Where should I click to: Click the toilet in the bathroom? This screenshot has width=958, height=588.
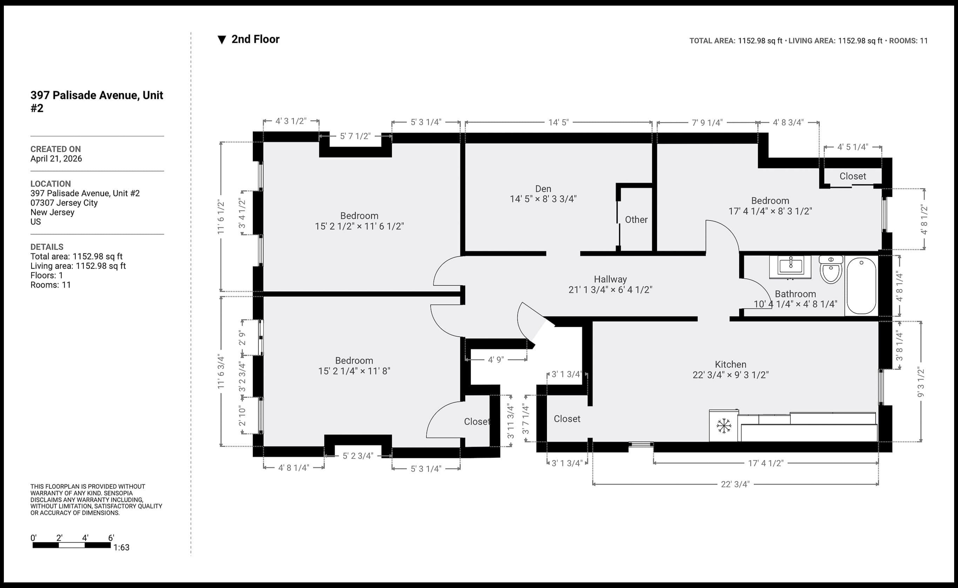(x=831, y=271)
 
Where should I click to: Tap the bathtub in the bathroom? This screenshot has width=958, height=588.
(x=861, y=286)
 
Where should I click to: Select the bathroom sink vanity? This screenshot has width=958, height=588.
(x=790, y=266)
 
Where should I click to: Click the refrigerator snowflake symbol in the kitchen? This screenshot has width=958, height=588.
(x=723, y=426)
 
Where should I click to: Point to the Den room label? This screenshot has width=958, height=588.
(x=543, y=189)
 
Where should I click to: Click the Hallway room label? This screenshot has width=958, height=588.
(x=610, y=279)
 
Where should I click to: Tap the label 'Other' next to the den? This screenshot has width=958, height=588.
(x=636, y=220)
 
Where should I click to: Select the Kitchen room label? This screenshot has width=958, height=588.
(x=730, y=364)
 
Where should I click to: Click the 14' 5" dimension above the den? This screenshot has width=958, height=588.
(x=558, y=122)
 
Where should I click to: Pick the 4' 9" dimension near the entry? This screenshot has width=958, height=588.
(x=496, y=360)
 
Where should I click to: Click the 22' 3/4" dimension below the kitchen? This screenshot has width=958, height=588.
(x=735, y=484)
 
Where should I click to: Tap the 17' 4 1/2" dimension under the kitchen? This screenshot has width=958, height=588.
(x=765, y=463)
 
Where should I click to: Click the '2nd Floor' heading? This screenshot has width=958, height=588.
(x=255, y=39)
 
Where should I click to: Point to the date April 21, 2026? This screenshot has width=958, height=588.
(x=56, y=159)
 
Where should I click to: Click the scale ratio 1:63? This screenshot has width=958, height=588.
(x=121, y=548)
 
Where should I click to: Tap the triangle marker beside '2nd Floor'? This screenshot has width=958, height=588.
(x=222, y=40)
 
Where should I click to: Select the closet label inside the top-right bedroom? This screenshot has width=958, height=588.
(x=853, y=176)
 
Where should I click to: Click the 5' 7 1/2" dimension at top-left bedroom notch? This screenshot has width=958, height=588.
(x=355, y=136)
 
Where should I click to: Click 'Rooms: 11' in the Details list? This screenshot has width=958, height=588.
(x=50, y=285)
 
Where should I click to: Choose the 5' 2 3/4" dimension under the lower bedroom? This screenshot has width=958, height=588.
(x=358, y=456)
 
